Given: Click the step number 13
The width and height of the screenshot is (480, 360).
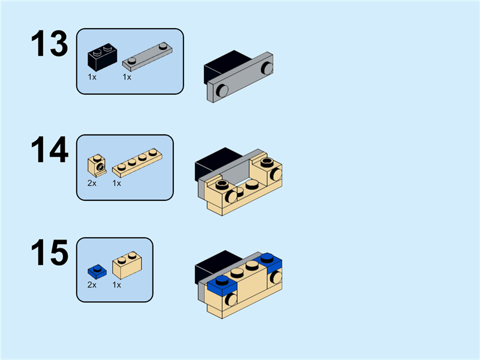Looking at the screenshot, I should tap(50, 45).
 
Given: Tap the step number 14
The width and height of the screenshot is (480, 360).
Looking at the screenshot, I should tap(50, 150).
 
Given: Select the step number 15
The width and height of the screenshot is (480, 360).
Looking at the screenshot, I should tap(50, 253).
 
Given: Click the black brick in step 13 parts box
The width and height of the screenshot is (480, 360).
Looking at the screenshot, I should tap(103, 57).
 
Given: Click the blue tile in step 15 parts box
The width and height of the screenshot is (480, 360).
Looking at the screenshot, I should tap(95, 269).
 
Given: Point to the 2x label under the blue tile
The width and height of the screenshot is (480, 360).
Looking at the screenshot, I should tap(92, 284).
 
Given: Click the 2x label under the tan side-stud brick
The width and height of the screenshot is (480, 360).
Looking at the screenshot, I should tap(92, 182).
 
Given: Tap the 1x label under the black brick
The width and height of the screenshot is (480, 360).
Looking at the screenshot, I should tap(92, 77).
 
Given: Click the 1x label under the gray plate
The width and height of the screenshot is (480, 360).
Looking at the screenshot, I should tap(127, 77).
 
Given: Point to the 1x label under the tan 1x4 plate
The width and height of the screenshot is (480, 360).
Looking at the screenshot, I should tap(117, 182).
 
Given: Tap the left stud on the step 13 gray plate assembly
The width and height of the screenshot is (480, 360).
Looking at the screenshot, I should tap(222, 91).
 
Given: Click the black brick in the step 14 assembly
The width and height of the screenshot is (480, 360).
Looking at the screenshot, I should tap(216, 161).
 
